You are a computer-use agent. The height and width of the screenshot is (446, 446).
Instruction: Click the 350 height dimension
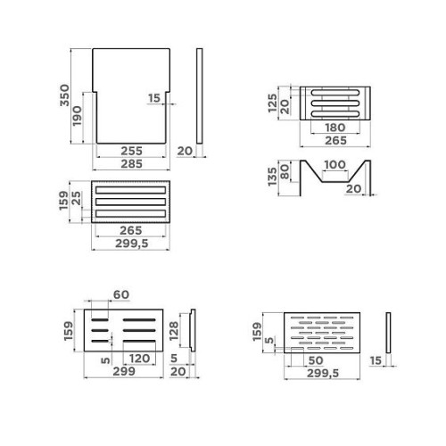[x=64, y=95]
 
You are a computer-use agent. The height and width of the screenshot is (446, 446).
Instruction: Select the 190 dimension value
[x=77, y=116]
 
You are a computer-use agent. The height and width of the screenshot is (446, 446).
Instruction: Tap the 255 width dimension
[x=131, y=151]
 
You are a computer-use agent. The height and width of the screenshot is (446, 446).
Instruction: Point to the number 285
[x=131, y=164]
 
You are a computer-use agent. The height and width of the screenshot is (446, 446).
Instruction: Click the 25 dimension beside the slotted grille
[x=77, y=198]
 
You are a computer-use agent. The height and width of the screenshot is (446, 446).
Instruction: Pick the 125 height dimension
[x=272, y=103]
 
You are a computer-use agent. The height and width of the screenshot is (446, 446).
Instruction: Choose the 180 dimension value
[x=335, y=128]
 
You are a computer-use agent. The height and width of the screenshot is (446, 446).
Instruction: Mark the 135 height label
[x=272, y=177]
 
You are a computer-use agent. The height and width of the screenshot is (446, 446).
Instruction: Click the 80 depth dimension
[x=285, y=172]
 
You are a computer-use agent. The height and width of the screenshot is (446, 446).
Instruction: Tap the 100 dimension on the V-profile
[x=334, y=164]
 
